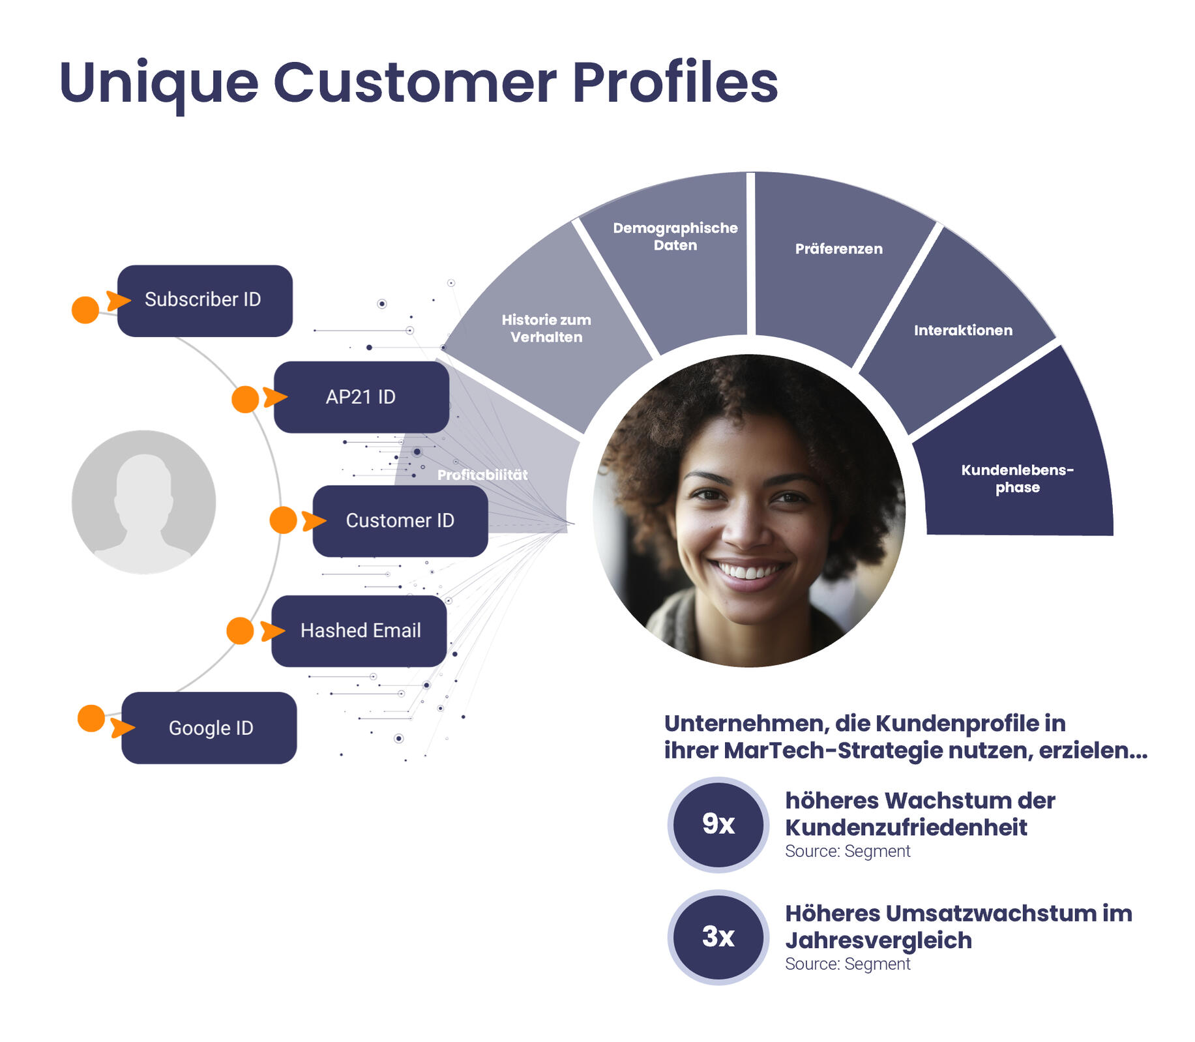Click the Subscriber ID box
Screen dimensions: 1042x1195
pos(204,301)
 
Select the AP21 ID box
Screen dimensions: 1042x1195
pos(361,397)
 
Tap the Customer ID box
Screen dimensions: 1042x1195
pos(400,520)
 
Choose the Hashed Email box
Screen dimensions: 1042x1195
pos(359,631)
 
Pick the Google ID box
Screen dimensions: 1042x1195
pos(209,728)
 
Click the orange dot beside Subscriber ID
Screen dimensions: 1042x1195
pos(85,310)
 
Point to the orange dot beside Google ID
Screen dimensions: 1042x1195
pos(91,718)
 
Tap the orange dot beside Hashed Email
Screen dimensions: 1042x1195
pos(239,631)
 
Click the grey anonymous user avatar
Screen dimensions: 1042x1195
pos(143,502)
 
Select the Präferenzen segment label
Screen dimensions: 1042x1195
pos(838,248)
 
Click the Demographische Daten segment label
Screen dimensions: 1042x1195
pos(675,236)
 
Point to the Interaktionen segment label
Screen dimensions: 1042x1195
pos(963,330)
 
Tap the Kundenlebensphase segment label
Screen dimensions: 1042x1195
pos(1017,479)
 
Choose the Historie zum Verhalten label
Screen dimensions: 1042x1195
pos(546,328)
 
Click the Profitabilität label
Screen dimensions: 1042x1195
pos(482,475)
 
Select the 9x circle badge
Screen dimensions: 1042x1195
pos(718,824)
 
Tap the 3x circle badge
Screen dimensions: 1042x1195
pos(718,937)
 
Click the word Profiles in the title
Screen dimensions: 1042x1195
pos(675,83)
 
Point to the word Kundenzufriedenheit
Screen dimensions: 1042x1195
pos(906,827)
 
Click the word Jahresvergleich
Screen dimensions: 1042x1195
pos(878,940)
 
